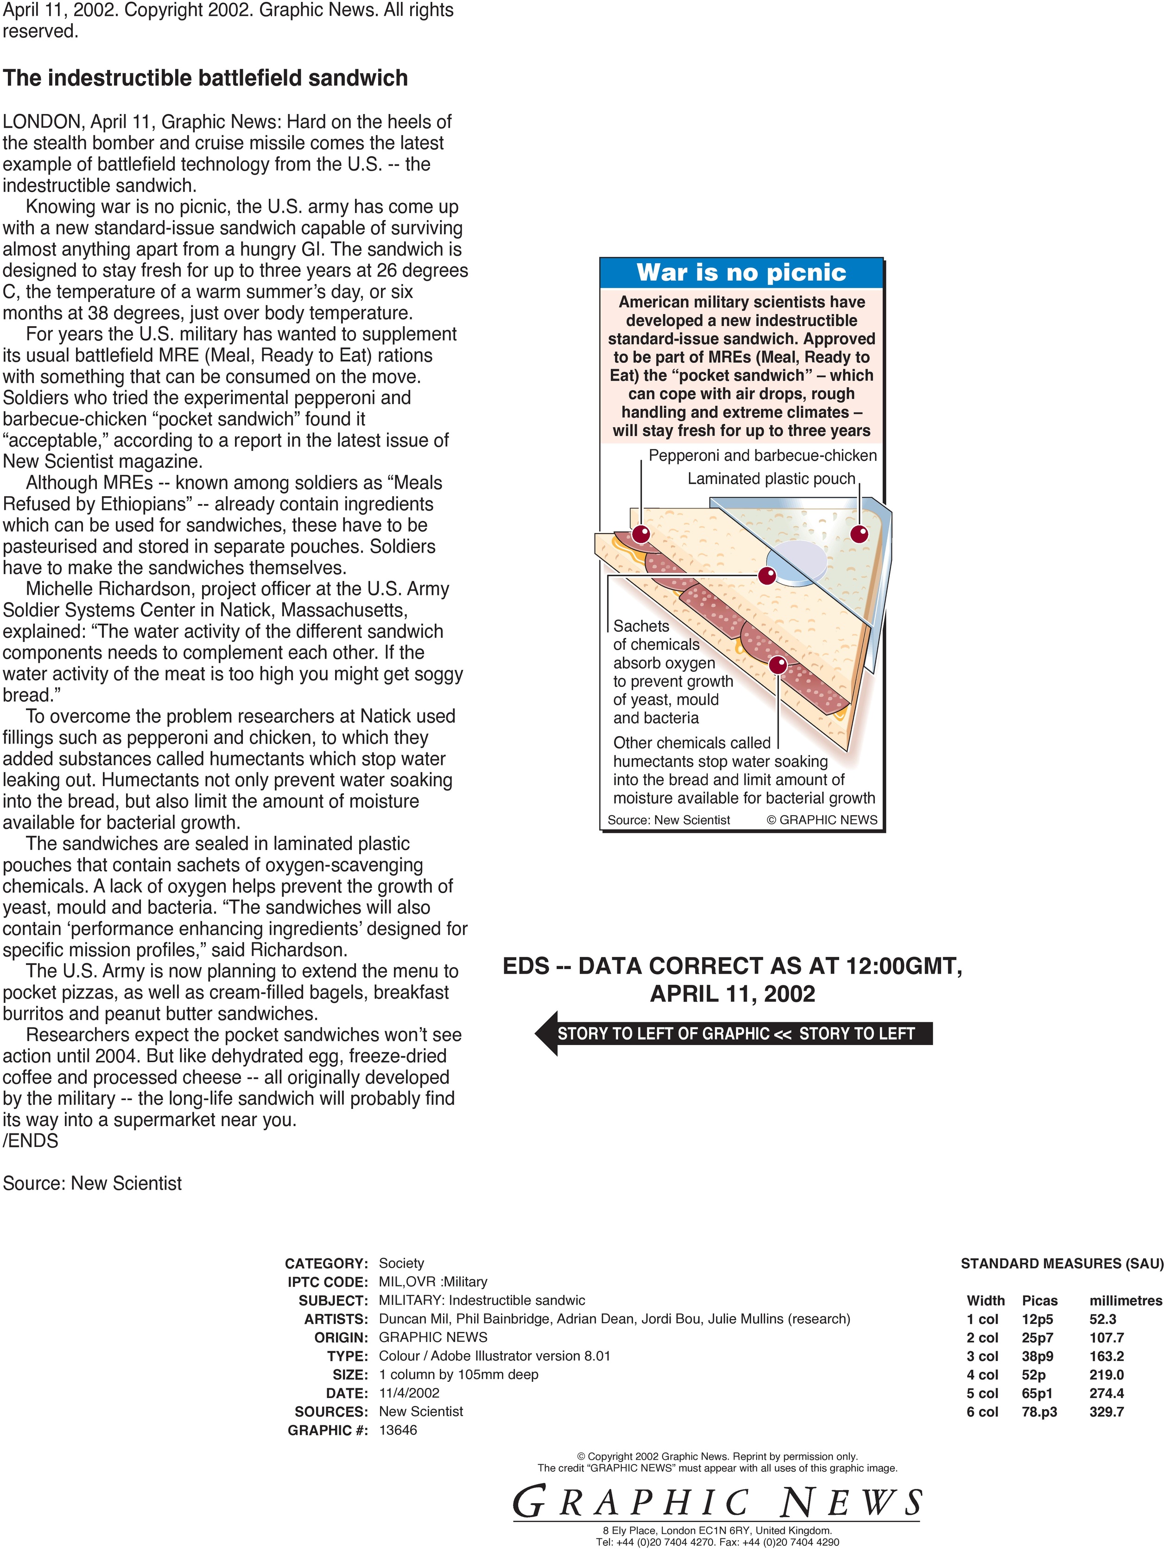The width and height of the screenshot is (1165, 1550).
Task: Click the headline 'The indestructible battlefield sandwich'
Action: tap(205, 78)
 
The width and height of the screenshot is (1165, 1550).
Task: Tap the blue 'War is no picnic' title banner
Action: tap(741, 272)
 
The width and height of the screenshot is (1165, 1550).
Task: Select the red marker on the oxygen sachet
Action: tap(767, 576)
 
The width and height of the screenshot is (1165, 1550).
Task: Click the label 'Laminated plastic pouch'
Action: tap(771, 479)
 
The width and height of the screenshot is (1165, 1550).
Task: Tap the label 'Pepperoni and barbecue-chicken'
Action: tap(763, 455)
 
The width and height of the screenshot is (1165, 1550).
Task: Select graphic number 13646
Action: tap(398, 1430)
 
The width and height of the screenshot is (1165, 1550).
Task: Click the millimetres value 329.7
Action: tap(1106, 1411)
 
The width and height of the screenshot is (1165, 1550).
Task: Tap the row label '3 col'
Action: tap(982, 1356)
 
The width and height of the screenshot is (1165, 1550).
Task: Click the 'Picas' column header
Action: tap(1039, 1300)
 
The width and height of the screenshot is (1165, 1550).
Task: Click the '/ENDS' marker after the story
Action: tap(31, 1141)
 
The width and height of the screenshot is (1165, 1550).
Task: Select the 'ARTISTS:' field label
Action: tap(336, 1319)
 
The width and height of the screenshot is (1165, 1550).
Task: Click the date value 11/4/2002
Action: tap(409, 1393)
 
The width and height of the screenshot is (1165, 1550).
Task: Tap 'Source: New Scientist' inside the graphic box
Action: tap(668, 820)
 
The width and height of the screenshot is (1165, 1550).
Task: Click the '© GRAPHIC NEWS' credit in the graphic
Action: tap(822, 820)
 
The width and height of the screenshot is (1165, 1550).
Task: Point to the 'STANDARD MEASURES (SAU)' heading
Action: tap(1061, 1263)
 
